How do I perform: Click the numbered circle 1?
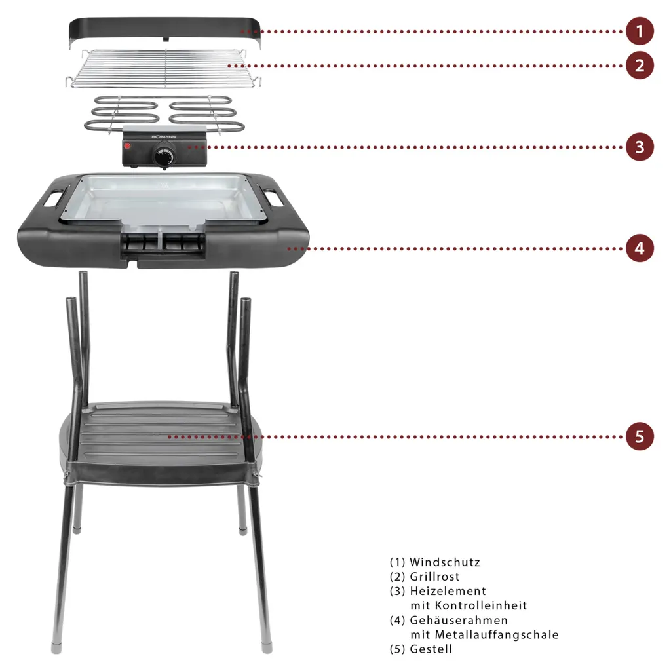pos(640,31)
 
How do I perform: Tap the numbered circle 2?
pos(640,66)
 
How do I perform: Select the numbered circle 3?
pos(640,147)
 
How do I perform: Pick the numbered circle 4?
pos(640,248)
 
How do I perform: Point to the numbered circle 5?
pos(640,436)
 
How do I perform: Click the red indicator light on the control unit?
pos(127,145)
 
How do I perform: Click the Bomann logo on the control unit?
pos(164,137)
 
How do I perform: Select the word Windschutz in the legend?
pos(445,562)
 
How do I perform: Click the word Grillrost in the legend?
pos(435,577)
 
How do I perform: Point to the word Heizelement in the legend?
pos(448,591)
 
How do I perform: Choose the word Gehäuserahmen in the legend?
pos(459,620)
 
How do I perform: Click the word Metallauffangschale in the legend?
pos(497,634)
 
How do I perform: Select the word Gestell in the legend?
pos(431,649)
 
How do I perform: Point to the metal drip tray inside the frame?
pos(162,199)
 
